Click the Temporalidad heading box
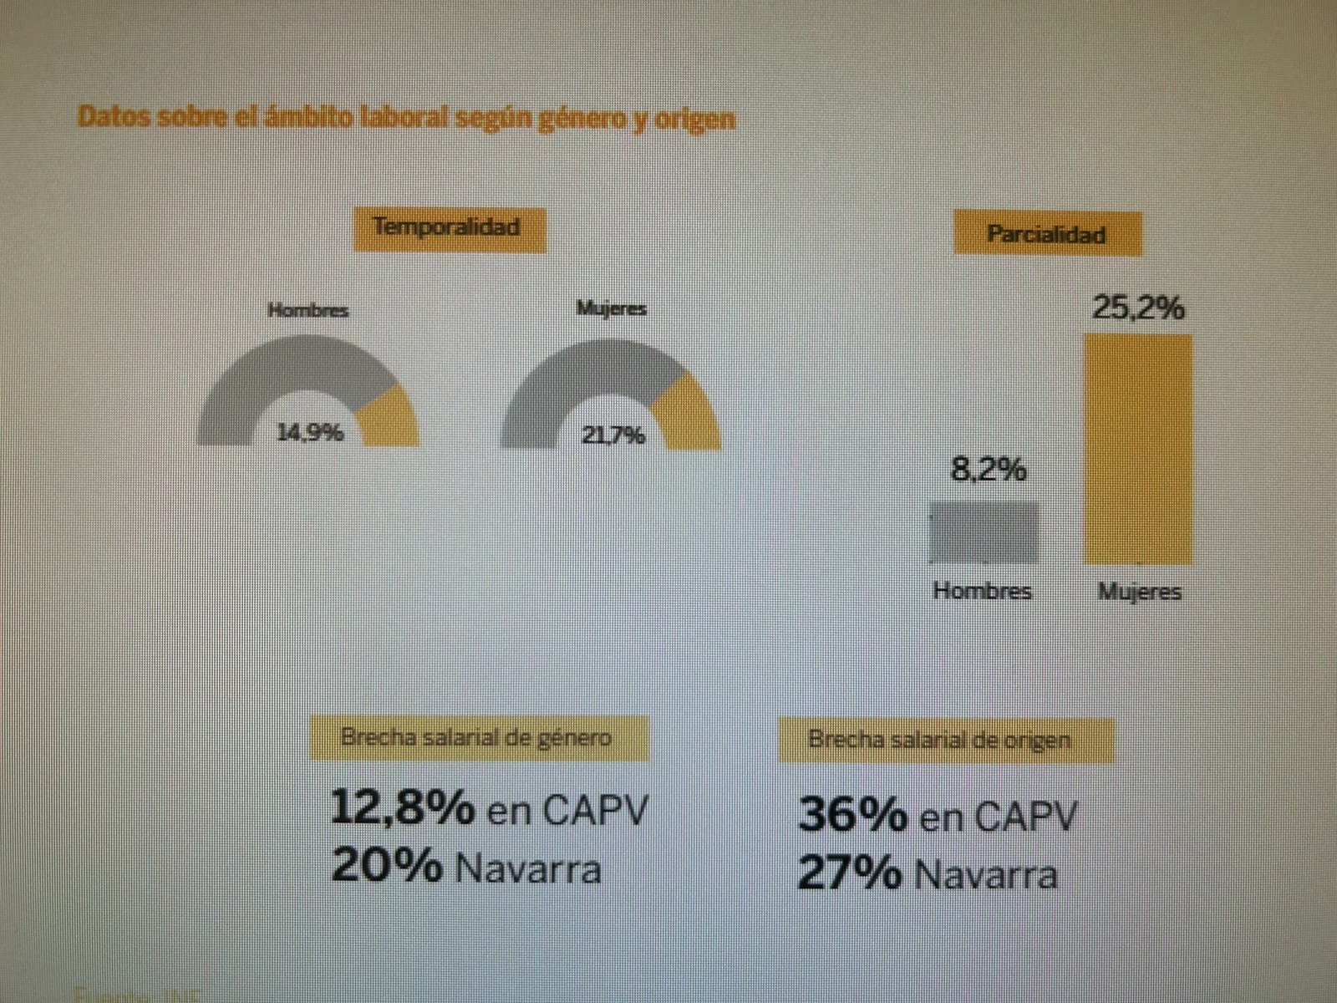tap(449, 227)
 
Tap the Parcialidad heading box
tap(1047, 234)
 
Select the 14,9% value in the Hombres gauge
tap(310, 433)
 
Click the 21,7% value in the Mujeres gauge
tap(613, 435)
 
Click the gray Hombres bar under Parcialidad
tap(984, 532)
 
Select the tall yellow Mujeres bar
tap(1137, 449)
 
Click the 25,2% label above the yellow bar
tap(1138, 308)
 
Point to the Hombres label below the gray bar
tap(983, 591)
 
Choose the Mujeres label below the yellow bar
tap(1139, 593)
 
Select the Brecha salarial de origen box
tap(945, 740)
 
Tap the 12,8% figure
tap(403, 807)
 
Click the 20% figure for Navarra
tap(386, 866)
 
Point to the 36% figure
tap(852, 814)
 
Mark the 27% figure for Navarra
tap(849, 874)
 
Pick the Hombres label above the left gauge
tap(308, 310)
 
